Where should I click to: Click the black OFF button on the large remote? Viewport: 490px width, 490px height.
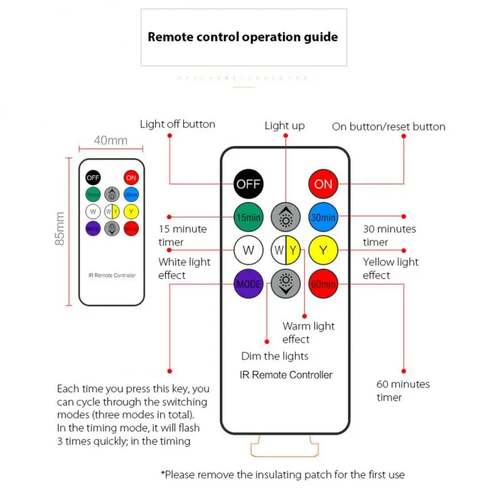pos(249,184)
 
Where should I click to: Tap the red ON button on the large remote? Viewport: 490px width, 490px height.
pos(323,184)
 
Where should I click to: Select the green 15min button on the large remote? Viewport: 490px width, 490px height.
pos(249,217)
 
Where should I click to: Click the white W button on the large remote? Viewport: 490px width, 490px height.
pos(249,250)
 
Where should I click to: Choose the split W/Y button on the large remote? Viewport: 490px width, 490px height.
pos(285,250)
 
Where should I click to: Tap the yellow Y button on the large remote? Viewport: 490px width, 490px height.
pos(323,250)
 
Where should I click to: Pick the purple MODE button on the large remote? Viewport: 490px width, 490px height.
pos(249,284)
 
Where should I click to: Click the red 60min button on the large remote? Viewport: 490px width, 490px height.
pos(323,284)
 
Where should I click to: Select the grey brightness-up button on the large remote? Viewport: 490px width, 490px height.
pos(285,217)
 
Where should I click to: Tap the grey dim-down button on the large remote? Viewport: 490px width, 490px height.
pos(285,284)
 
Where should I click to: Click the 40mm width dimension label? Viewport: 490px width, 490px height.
pos(111,140)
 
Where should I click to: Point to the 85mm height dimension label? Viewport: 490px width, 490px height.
pos(60,228)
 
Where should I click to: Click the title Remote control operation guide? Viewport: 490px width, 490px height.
pos(243,37)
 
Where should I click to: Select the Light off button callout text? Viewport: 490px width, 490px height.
pos(178,124)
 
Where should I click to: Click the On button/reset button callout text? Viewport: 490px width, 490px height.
pos(388,127)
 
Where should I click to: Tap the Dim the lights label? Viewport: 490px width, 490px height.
pos(274,356)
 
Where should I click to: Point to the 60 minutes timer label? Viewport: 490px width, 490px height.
pos(402,391)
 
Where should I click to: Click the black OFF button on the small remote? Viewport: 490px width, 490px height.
pos(93,178)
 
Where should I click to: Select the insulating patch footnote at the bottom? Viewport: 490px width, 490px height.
pos(282,474)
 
